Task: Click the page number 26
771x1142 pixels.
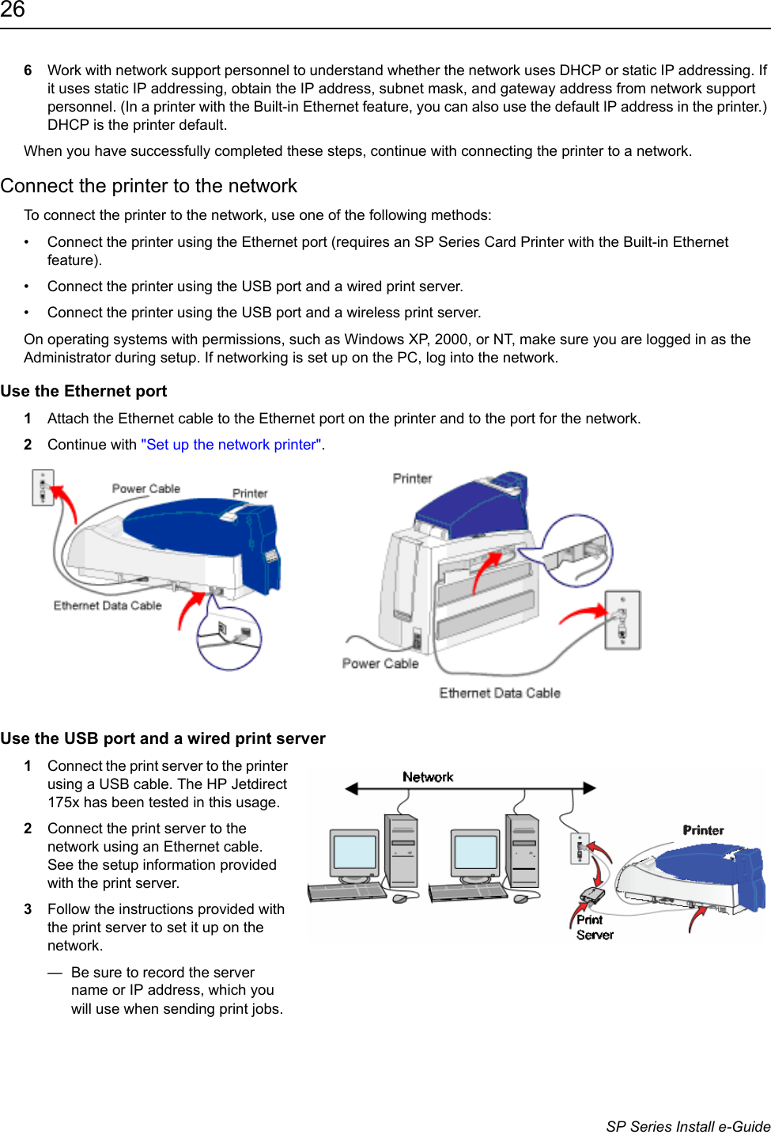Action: pos(13,10)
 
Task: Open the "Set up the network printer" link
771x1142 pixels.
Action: pos(232,445)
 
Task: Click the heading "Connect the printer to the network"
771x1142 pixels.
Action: pos(149,186)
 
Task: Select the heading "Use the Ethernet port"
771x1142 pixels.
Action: pos(84,391)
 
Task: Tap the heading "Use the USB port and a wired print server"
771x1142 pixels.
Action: pos(163,738)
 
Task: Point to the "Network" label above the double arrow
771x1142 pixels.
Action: pos(428,777)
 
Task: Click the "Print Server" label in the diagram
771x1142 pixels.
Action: pos(594,928)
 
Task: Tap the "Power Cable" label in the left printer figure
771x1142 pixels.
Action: pos(146,489)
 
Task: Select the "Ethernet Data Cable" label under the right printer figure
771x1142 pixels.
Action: pos(500,693)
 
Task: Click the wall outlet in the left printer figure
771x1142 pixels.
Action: pos(43,487)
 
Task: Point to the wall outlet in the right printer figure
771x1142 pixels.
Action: pos(622,620)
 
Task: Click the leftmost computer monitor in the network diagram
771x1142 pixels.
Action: pos(354,854)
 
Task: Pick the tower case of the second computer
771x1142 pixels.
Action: pos(523,851)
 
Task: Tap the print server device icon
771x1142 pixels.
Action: pos(591,895)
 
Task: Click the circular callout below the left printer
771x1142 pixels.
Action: pos(229,638)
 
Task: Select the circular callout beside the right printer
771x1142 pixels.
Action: pos(577,550)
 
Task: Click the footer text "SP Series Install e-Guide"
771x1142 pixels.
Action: pos(688,1126)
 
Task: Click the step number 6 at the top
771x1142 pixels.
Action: pos(28,70)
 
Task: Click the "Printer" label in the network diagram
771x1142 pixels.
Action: pos(703,830)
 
